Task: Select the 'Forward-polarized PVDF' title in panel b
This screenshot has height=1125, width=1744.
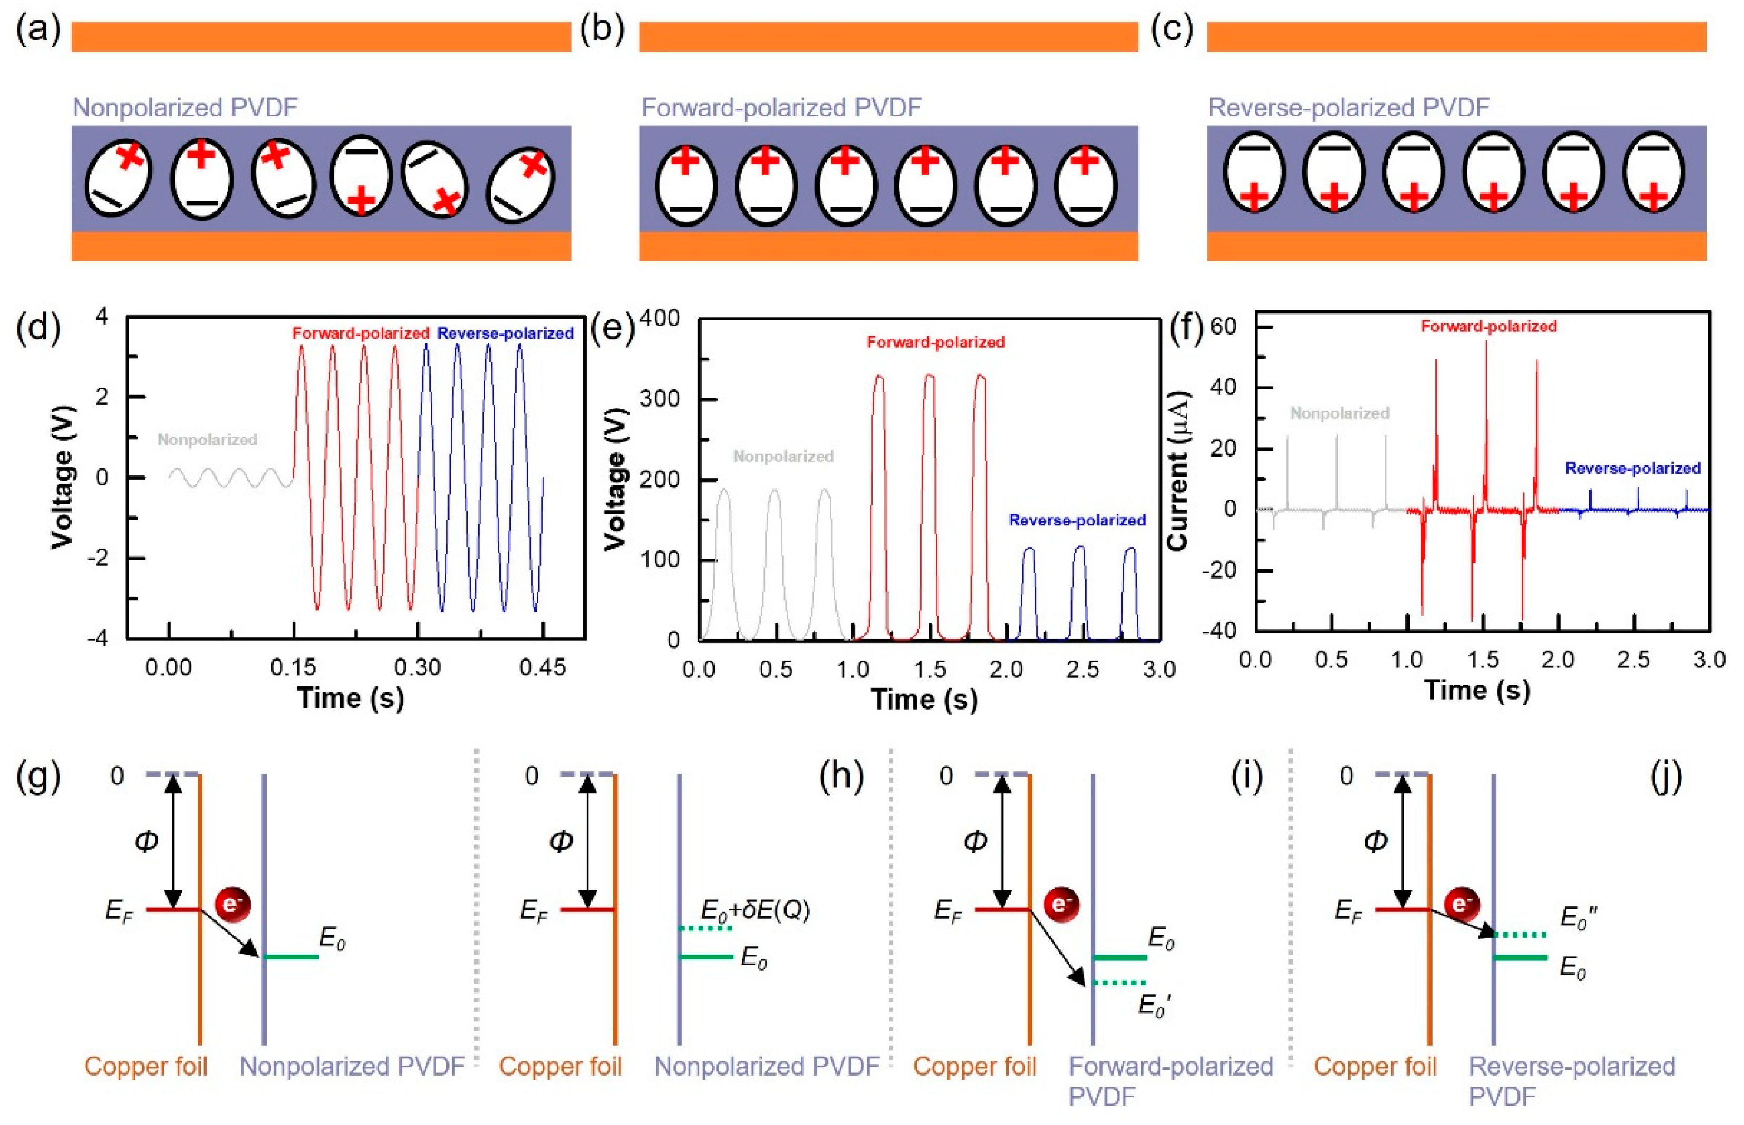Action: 781,108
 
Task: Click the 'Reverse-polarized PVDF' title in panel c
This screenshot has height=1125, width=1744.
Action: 1348,108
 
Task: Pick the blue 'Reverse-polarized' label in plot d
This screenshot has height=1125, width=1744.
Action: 505,333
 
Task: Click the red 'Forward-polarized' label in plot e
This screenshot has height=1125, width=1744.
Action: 935,342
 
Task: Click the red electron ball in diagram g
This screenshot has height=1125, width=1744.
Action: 232,905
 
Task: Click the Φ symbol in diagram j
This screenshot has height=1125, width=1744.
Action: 1375,842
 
